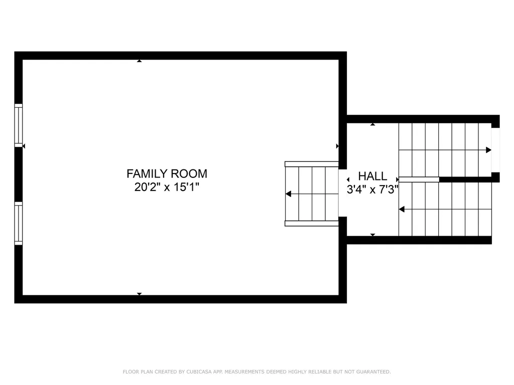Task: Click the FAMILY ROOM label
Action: click(x=167, y=174)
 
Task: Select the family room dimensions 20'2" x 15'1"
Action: click(x=167, y=187)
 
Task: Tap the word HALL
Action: click(x=372, y=176)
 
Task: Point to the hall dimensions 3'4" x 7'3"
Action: click(x=372, y=189)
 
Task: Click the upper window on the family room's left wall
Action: click(x=19, y=125)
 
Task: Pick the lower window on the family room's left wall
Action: click(x=19, y=223)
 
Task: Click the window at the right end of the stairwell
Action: click(x=495, y=150)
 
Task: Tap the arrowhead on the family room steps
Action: click(x=288, y=194)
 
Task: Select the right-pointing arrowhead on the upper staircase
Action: click(x=488, y=150)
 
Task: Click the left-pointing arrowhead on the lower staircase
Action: click(x=402, y=209)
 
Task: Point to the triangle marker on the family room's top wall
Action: click(x=139, y=61)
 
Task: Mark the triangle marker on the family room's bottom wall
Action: click(x=139, y=294)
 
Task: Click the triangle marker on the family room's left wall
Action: click(x=24, y=146)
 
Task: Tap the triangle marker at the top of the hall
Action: click(x=372, y=124)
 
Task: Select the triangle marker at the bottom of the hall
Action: click(x=372, y=235)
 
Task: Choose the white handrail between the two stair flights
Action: click(x=419, y=179)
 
